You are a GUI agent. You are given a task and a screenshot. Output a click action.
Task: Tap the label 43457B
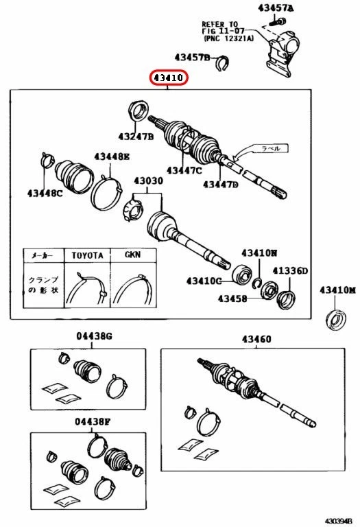pos(192,58)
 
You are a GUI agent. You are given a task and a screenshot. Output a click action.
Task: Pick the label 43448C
pos(45,193)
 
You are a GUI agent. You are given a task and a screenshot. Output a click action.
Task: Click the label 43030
pos(149,181)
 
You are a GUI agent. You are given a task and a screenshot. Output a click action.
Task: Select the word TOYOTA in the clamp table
pos(88,255)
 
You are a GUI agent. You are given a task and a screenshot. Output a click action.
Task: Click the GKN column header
pos(132,255)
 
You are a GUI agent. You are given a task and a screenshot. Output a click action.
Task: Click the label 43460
pos(256,339)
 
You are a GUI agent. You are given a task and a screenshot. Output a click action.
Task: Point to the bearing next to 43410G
pos(242,275)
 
